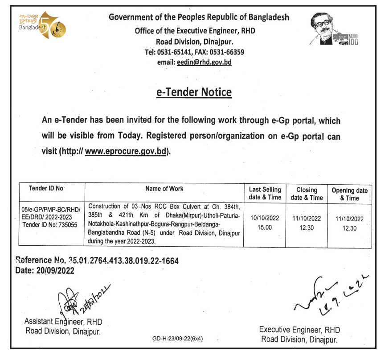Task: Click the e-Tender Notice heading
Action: coord(194,92)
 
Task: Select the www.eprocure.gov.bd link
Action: coord(127,151)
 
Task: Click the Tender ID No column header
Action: coord(46,189)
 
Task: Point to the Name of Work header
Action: coord(164,189)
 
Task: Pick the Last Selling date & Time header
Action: coord(265,193)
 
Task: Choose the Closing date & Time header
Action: coord(307,193)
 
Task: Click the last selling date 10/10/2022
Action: coord(266,219)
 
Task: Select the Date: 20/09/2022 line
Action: coord(45,270)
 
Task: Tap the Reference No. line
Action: coord(97,261)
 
